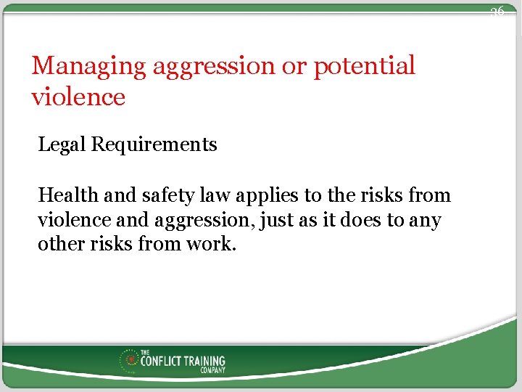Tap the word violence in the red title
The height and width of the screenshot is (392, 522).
(x=78, y=97)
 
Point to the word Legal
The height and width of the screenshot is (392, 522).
(x=62, y=145)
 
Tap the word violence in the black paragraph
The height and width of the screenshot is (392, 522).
(x=72, y=219)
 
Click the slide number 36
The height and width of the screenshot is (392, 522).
(x=497, y=12)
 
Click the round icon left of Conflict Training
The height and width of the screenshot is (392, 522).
(x=130, y=360)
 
